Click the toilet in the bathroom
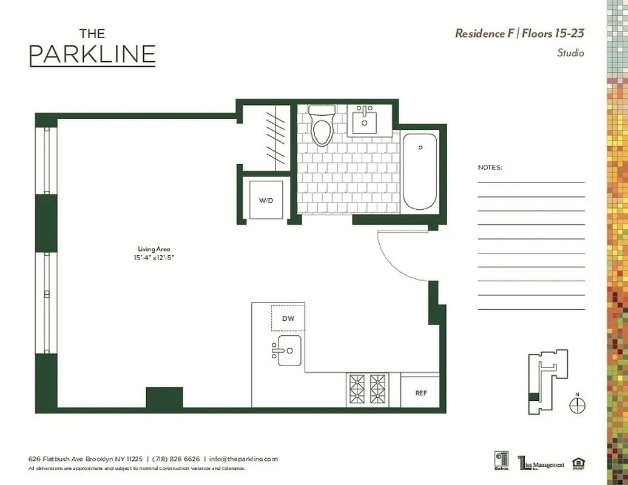(x=322, y=126)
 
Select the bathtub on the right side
(x=419, y=172)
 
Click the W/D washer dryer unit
(x=266, y=200)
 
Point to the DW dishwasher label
(x=288, y=318)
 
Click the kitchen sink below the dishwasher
(x=289, y=350)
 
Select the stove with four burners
(x=368, y=390)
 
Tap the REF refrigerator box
(x=420, y=393)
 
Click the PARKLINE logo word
(x=92, y=55)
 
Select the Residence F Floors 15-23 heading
(x=519, y=33)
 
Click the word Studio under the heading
(x=570, y=53)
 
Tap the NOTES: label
(x=490, y=167)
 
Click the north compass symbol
(x=577, y=405)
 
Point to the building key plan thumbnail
(x=547, y=382)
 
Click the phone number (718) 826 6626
(x=176, y=459)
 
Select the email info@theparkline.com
(x=243, y=459)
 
